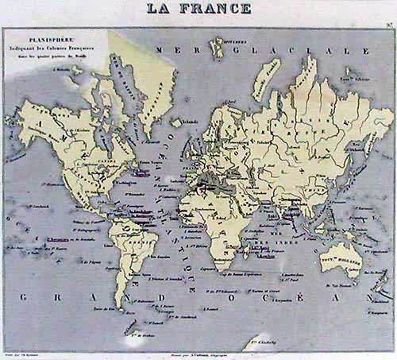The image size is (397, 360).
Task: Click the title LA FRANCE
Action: [199, 10]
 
